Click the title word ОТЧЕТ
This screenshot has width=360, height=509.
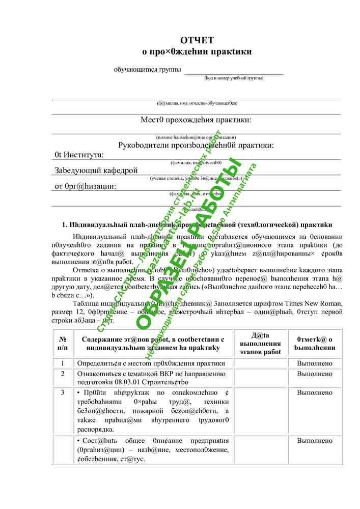pyautogui.click(x=197, y=41)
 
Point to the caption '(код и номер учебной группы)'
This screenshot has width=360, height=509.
pyautogui.click(x=234, y=78)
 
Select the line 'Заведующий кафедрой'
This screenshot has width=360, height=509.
pyautogui.click(x=96, y=171)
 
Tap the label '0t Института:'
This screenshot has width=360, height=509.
pyautogui.click(x=79, y=155)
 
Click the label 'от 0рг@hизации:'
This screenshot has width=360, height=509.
pyautogui.click(x=85, y=186)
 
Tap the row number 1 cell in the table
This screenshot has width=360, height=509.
pyautogui.click(x=63, y=363)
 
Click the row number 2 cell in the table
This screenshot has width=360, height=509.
pyautogui.click(x=63, y=374)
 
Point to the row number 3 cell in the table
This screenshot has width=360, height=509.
pyautogui.click(x=63, y=393)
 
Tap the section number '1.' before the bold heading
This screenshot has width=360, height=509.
pyautogui.click(x=65, y=224)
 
